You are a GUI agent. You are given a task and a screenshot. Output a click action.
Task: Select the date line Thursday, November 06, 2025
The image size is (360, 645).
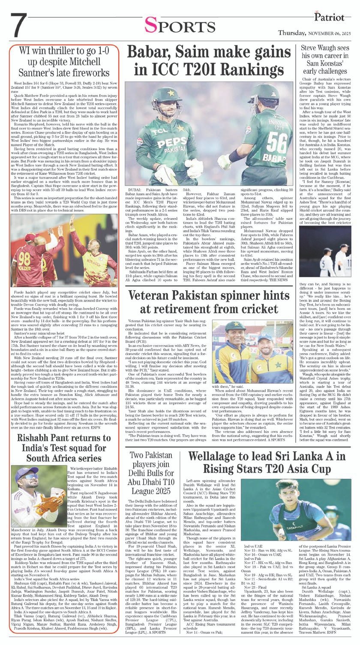318,33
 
